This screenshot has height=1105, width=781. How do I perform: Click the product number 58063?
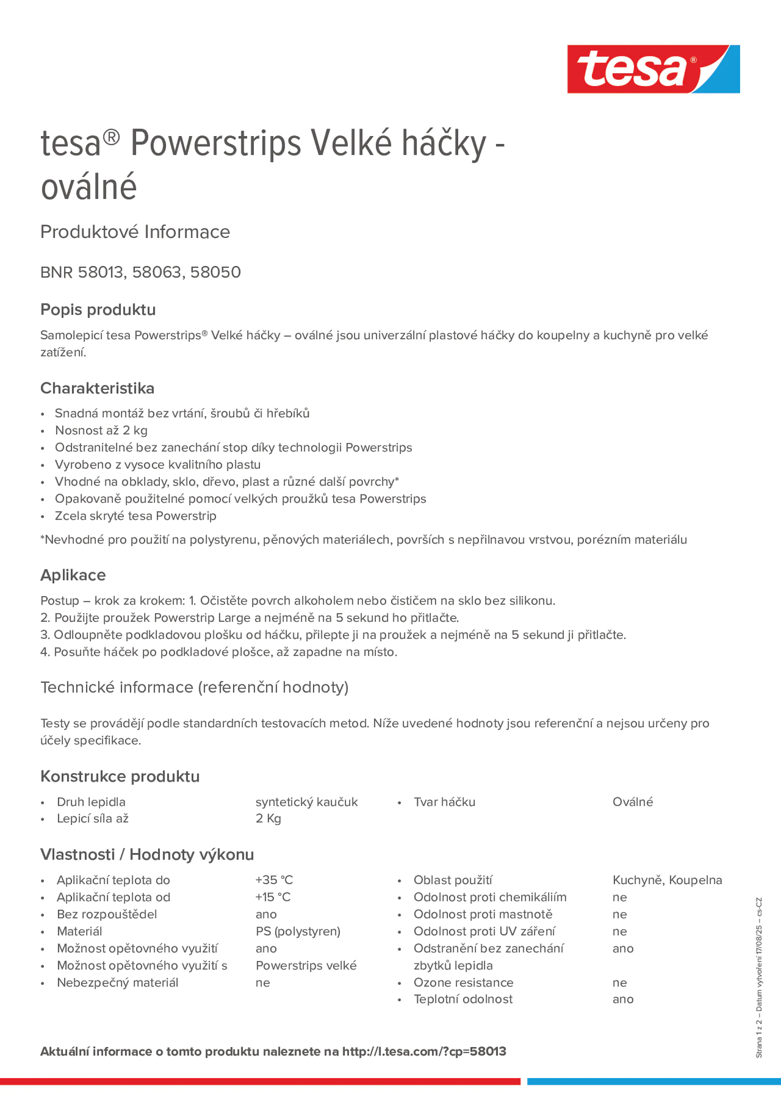156,272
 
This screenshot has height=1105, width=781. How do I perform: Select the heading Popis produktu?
98,309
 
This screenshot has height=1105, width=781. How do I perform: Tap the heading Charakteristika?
97,388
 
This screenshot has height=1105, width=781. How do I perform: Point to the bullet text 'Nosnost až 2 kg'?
101,430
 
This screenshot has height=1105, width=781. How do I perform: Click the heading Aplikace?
73,575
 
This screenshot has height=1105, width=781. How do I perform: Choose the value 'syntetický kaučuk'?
306,802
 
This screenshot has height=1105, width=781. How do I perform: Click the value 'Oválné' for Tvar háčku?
632,802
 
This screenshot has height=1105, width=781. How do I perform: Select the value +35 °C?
274,880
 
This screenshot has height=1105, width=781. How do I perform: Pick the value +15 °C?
273,897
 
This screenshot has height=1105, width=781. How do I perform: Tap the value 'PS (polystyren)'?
298,931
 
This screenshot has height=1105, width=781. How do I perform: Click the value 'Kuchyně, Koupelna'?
667,880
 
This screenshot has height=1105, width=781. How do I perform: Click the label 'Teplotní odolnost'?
463,999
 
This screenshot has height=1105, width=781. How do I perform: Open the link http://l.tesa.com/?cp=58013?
424,1052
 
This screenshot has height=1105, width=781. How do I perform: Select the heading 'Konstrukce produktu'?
120,776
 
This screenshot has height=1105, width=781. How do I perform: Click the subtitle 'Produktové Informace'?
135,232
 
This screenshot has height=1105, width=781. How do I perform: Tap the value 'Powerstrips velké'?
306,966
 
